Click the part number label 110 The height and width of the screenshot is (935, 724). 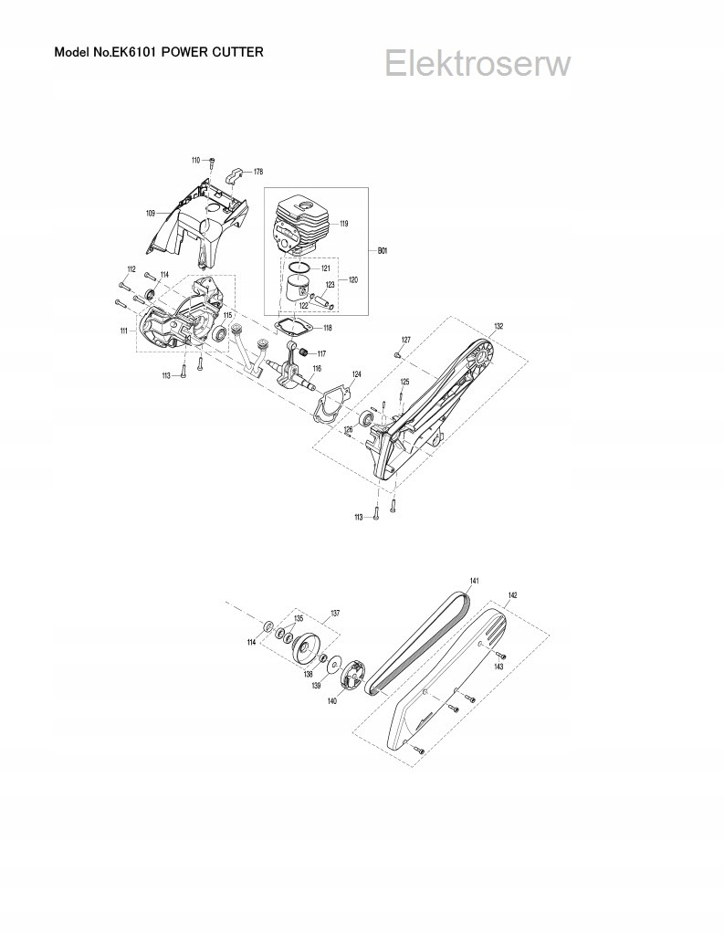pyautogui.click(x=195, y=161)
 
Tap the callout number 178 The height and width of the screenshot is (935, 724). pyautogui.click(x=258, y=172)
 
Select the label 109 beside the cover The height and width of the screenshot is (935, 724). pyautogui.click(x=151, y=213)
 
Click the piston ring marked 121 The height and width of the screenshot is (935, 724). pyautogui.click(x=326, y=269)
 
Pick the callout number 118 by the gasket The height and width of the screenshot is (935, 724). pyautogui.click(x=327, y=328)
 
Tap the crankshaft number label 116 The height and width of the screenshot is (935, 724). pyautogui.click(x=317, y=369)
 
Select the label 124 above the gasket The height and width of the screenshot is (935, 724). pyautogui.click(x=356, y=374)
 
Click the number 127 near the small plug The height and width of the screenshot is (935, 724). pyautogui.click(x=405, y=340)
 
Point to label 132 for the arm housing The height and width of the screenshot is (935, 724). pyautogui.click(x=498, y=326)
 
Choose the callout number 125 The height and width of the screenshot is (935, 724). pyautogui.click(x=404, y=382)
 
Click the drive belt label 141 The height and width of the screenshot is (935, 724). pyautogui.click(x=475, y=581)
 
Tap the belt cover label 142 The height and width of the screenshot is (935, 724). pyautogui.click(x=512, y=594)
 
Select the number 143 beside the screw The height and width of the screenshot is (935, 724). pyautogui.click(x=498, y=667)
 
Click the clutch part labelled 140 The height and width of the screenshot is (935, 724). pyautogui.click(x=331, y=701)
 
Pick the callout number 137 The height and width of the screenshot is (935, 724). pyautogui.click(x=335, y=613)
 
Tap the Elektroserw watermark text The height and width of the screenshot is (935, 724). pyautogui.click(x=477, y=64)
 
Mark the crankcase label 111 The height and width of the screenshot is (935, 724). pyautogui.click(x=123, y=331)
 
